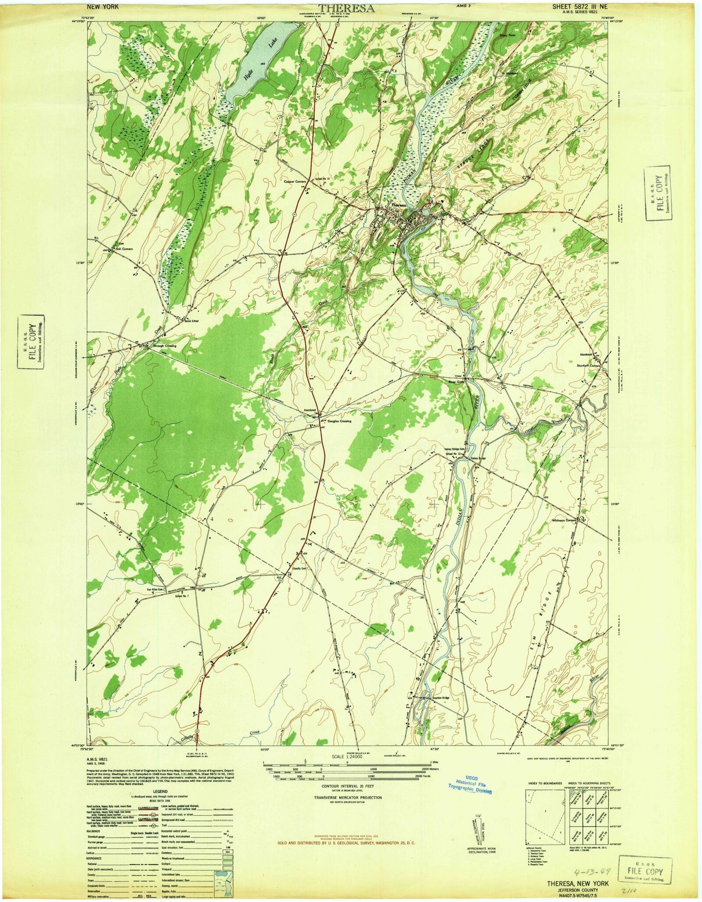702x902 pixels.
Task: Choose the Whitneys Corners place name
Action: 564,520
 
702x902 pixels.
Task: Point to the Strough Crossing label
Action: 163,346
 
